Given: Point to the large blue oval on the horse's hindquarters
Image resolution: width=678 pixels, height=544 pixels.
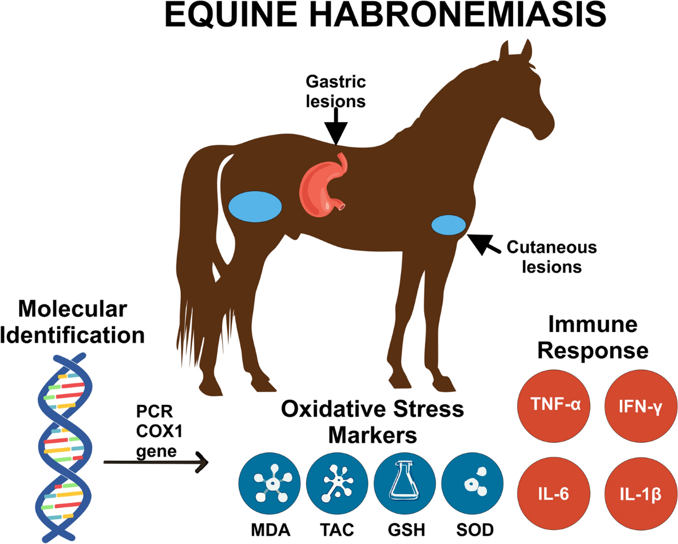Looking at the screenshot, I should pos(255,207).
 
